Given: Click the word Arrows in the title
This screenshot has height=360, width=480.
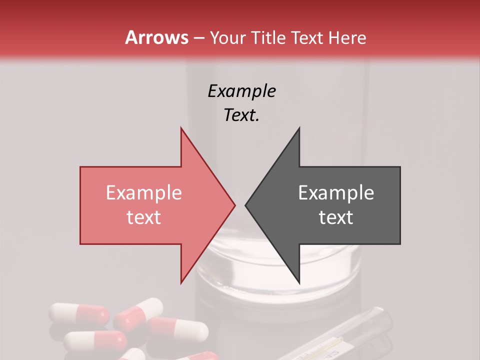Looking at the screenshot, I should point(156,37).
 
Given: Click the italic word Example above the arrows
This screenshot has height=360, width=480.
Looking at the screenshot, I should point(241,91).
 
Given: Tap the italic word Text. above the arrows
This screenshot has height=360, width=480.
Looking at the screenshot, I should point(241,115).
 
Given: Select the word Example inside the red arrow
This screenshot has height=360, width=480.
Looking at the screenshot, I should point(144,193).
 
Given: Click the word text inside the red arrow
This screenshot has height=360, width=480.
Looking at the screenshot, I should point(144,217).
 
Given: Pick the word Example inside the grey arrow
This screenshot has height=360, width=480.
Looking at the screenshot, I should point(336,193).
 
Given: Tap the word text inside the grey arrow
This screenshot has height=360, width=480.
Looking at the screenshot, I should point(336,217).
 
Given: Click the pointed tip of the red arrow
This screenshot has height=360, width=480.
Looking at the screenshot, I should point(235,205).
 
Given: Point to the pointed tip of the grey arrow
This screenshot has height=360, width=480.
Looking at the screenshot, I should point(245,205).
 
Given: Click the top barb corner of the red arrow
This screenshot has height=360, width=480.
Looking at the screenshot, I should point(181,128).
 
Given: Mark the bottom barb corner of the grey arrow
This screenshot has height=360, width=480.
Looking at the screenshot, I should point(299,283).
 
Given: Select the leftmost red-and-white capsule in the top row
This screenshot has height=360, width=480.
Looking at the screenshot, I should point(79,313).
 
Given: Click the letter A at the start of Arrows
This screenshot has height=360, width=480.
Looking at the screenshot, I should point(131,38).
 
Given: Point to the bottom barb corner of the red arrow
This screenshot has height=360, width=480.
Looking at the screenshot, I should point(181,282).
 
